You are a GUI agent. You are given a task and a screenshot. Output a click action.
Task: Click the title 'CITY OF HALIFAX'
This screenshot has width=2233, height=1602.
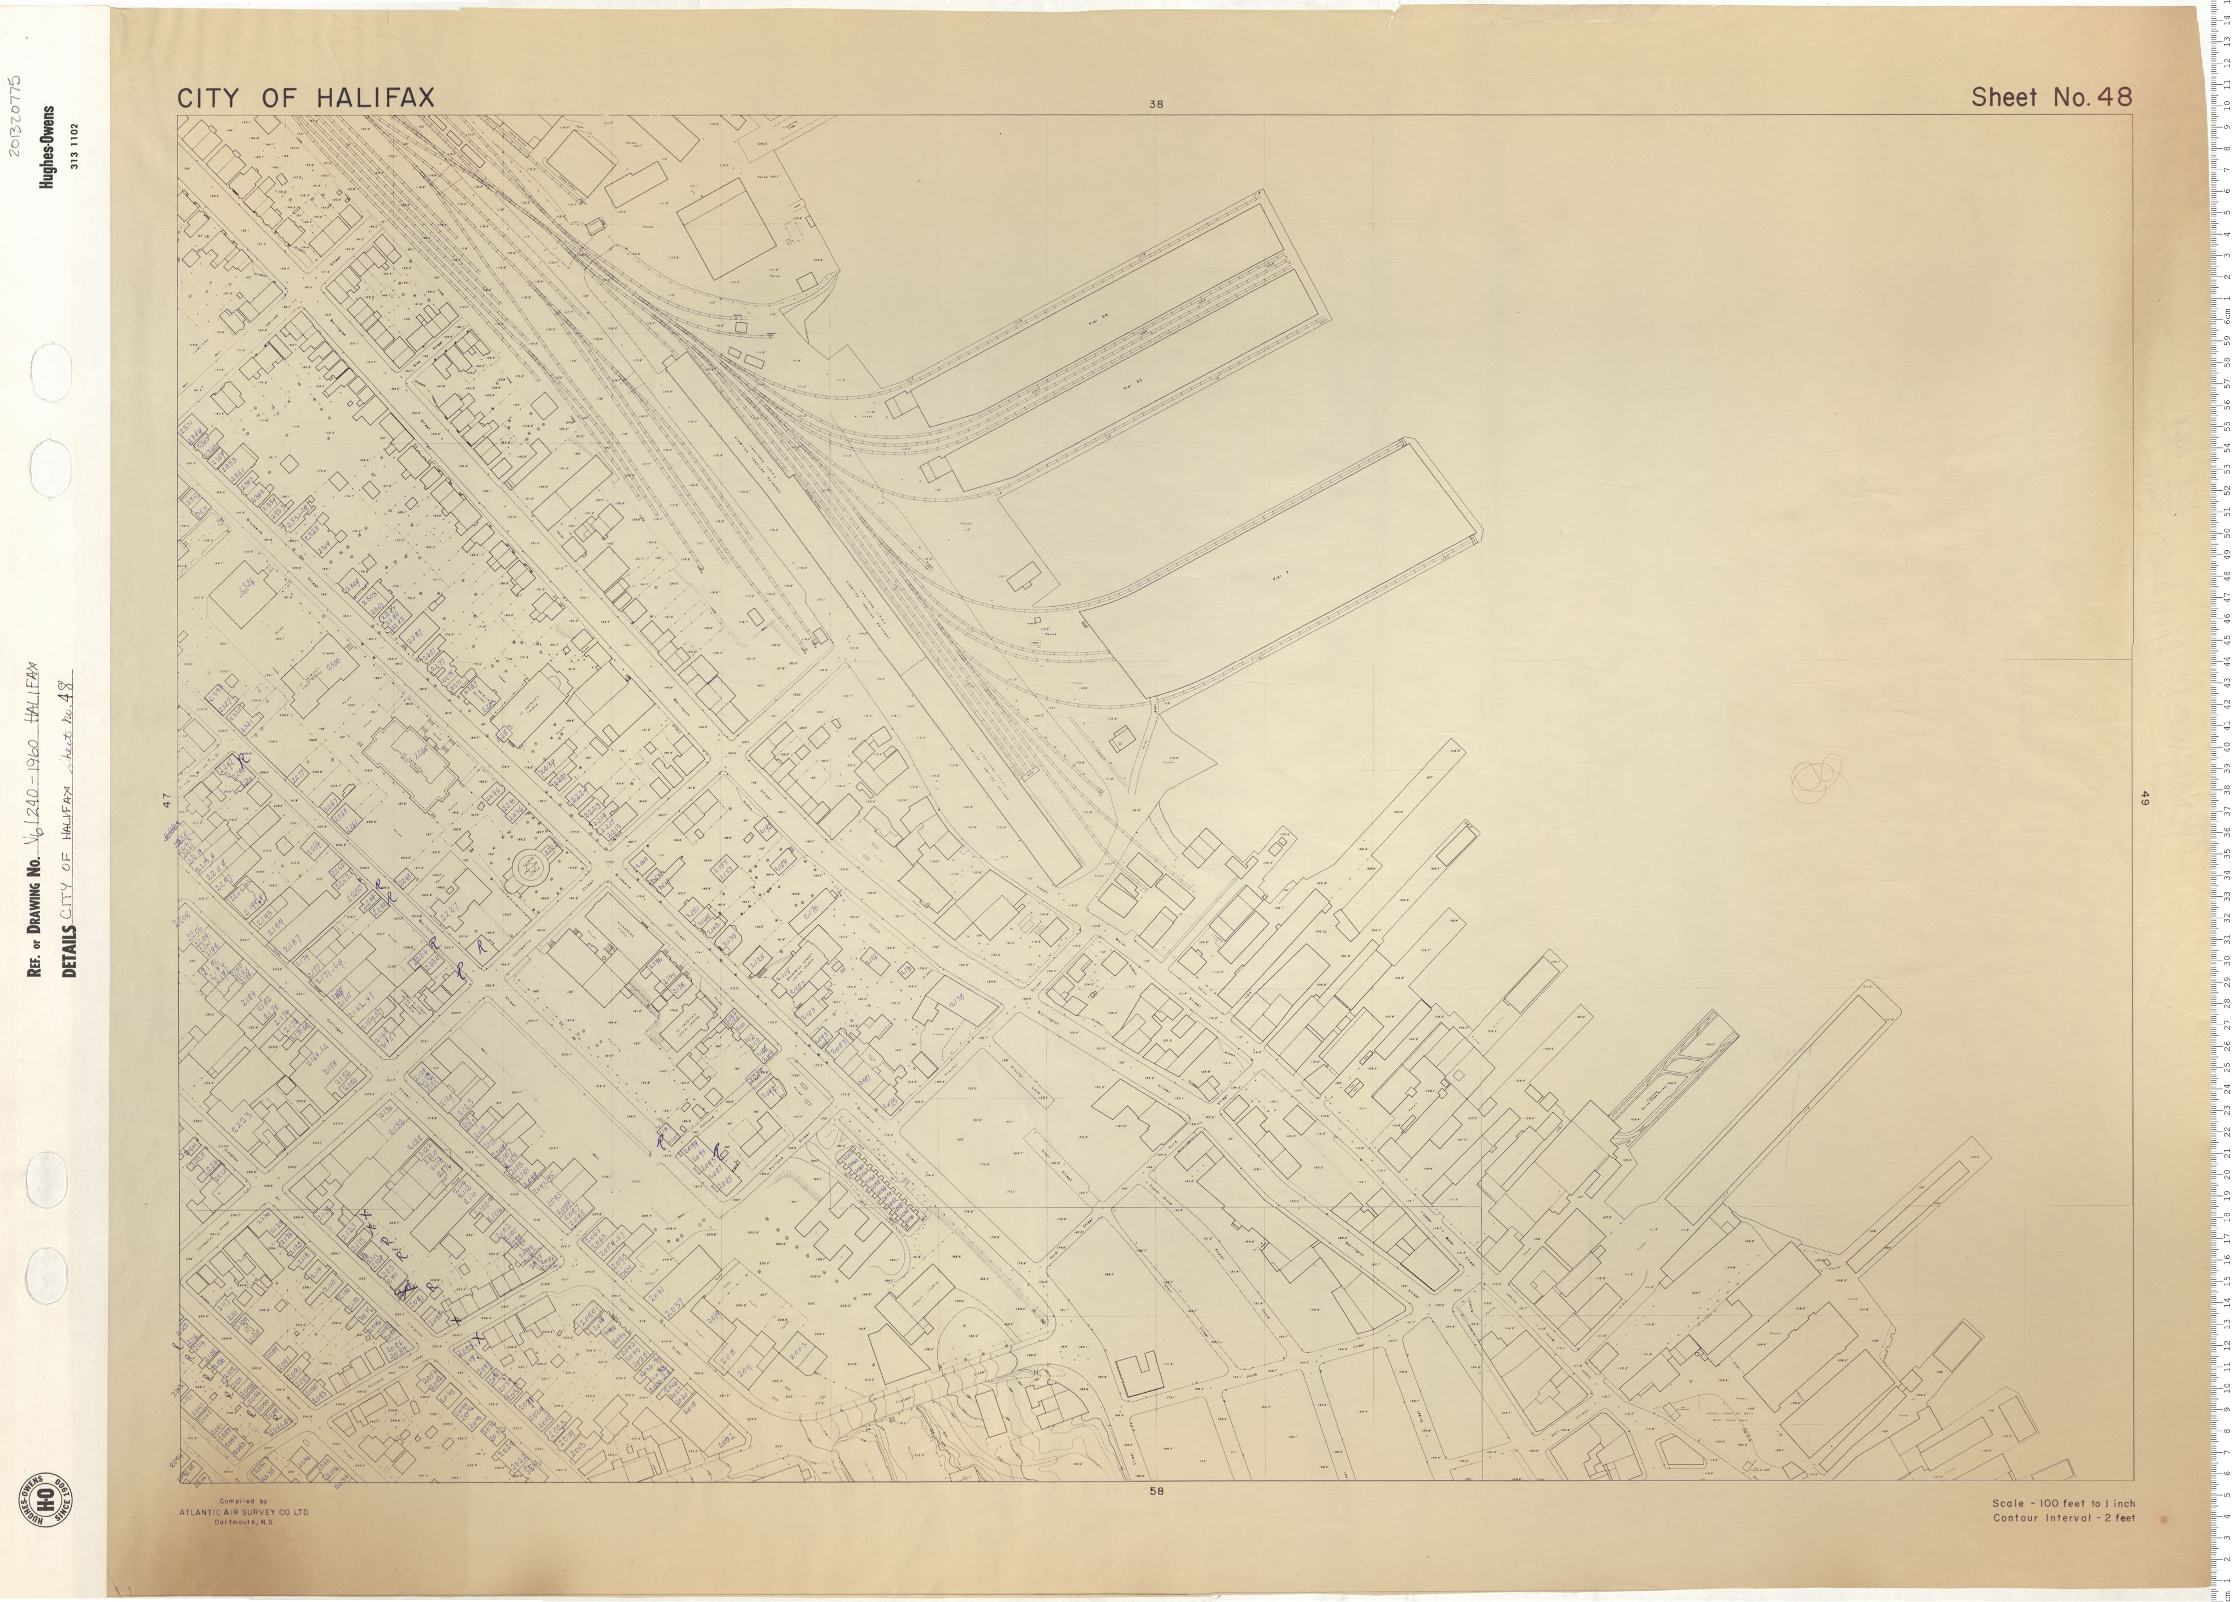(305, 98)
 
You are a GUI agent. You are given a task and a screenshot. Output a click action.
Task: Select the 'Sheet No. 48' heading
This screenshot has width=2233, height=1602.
(2051, 97)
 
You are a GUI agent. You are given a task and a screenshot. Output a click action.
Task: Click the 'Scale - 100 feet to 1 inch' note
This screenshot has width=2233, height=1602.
(2063, 1504)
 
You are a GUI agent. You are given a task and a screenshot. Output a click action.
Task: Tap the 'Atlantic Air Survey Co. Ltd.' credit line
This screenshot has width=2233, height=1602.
(244, 1512)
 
